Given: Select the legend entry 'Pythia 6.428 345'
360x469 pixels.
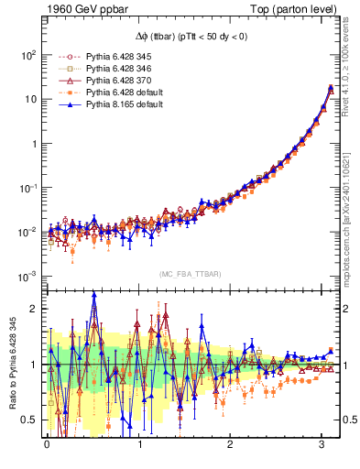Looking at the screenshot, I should [x=103, y=56].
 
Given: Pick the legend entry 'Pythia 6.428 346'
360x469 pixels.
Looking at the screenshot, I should [x=103, y=69].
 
